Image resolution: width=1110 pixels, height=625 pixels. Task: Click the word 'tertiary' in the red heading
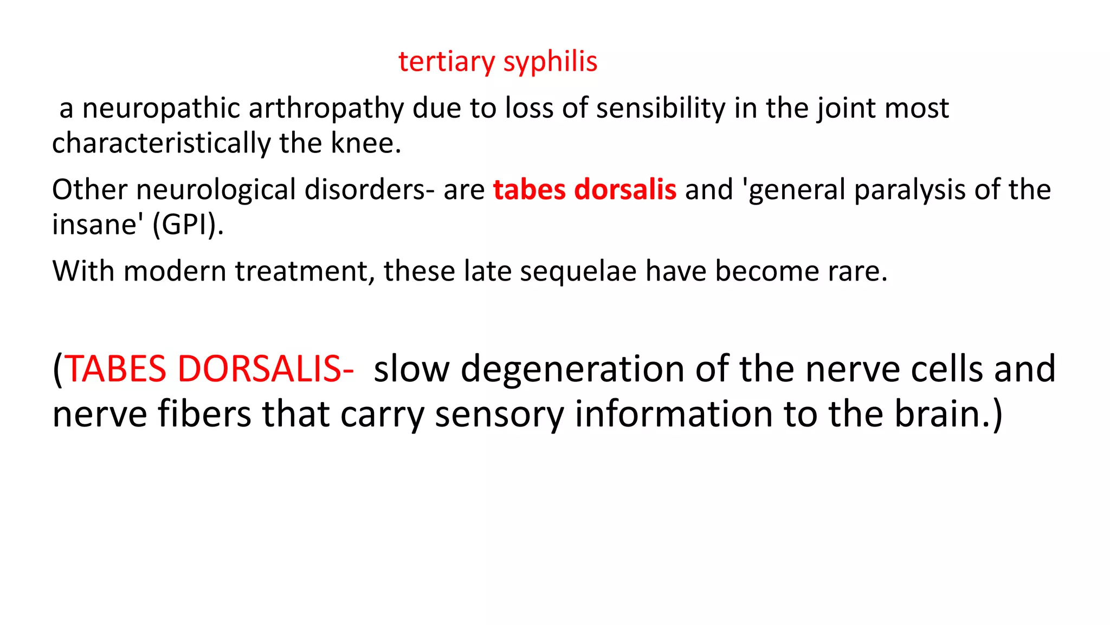(x=446, y=61)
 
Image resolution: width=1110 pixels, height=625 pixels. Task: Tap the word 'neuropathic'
(x=161, y=109)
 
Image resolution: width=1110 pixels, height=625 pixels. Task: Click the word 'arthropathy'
(x=326, y=109)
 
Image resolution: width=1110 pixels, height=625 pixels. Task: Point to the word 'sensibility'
(x=661, y=108)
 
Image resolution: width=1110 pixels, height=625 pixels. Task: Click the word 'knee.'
(x=366, y=143)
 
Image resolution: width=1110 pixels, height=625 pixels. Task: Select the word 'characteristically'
(x=160, y=144)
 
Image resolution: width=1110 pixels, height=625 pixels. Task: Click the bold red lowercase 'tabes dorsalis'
(x=584, y=190)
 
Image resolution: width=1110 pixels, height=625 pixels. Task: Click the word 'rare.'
(x=857, y=271)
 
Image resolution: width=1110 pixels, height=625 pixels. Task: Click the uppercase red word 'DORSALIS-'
(x=266, y=369)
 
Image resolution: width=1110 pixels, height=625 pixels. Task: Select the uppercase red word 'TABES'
(x=115, y=369)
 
